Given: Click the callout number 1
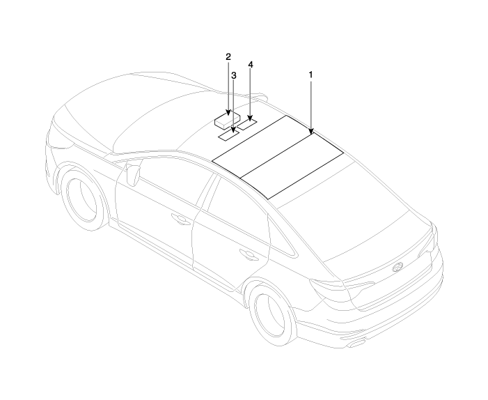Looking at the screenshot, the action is pos(310,75).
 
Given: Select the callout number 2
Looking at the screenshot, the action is pos(228,57).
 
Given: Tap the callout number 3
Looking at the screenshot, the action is pos(234,75).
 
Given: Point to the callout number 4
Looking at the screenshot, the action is pos(251,65).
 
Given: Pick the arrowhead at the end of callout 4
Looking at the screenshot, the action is pos(250,118).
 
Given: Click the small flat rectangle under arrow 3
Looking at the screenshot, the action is pos(228,135).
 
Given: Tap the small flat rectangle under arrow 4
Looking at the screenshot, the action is pos(247,124).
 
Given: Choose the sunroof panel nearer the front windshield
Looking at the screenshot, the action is pos(262,147).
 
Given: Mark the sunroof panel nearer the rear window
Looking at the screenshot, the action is pos(292,166).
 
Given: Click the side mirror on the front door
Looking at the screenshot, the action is pos(133,174).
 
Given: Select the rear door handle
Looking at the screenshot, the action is pos(248,254).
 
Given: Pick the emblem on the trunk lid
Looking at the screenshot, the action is pos(397,267).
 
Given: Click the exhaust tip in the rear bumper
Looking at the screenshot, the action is pos(357,344).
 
